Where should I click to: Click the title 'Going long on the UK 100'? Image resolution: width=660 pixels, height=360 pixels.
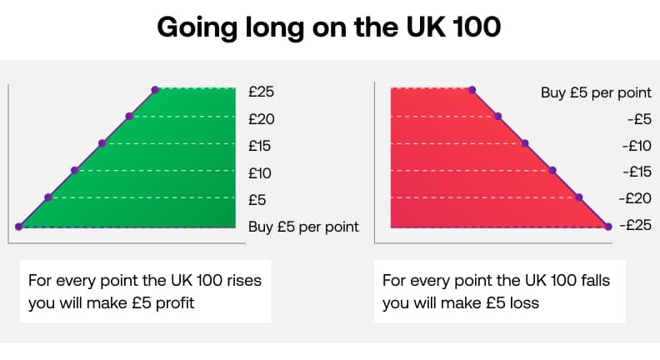coord(329,27)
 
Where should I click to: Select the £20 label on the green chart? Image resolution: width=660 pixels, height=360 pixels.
coord(262,119)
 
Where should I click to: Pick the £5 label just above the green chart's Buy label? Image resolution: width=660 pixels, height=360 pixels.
coord(257,199)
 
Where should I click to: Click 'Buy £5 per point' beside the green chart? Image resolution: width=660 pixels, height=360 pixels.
coord(303,226)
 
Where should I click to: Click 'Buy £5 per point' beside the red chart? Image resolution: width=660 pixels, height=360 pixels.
coord(596,92)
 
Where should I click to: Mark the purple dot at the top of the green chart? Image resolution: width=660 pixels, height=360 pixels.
coord(155,89)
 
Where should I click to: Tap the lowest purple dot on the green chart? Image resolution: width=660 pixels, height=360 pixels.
coord(19,226)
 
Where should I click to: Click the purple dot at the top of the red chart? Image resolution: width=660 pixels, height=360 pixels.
coord(472,89)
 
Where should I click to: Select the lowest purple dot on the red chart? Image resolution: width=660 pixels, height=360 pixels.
coord(607,226)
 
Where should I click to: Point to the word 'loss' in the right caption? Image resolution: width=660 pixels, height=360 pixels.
coord(522,302)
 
